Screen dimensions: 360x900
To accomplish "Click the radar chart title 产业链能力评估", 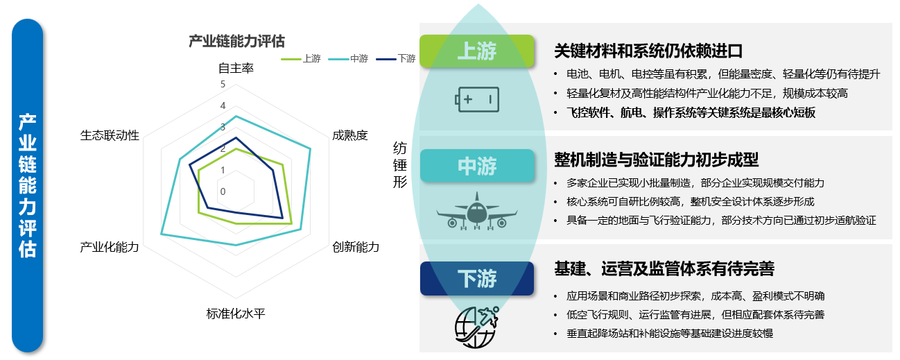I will (236, 41).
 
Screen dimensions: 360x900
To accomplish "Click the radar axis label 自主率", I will (236, 69).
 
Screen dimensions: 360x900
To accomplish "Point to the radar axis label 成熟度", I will (350, 135).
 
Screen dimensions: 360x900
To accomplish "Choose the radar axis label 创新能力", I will (356, 247).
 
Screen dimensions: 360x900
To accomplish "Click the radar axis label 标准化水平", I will (236, 314).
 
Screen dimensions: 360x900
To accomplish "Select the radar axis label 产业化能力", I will (110, 247).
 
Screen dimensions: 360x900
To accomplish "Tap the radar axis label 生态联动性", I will (110, 135).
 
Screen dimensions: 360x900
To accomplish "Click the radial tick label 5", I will (223, 85).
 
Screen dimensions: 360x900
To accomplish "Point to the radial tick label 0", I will (223, 191).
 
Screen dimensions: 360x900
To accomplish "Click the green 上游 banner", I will (477, 51).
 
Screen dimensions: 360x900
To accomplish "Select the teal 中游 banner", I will (477, 166).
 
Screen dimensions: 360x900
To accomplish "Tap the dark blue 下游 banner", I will (477, 279).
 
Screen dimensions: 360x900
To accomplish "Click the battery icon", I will (477, 99).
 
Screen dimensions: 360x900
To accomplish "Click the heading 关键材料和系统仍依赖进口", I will (648, 51).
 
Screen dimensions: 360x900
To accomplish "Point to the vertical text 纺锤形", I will (400, 164).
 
